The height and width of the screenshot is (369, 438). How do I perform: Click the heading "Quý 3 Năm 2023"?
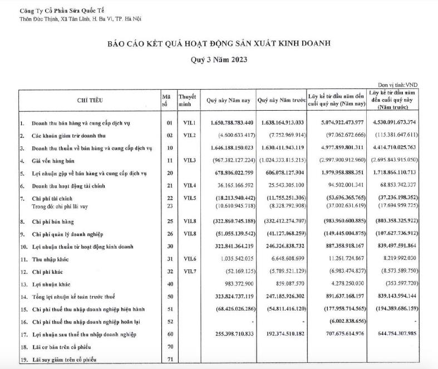(x=218, y=60)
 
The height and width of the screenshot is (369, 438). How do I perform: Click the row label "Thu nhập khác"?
(x=51, y=258)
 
